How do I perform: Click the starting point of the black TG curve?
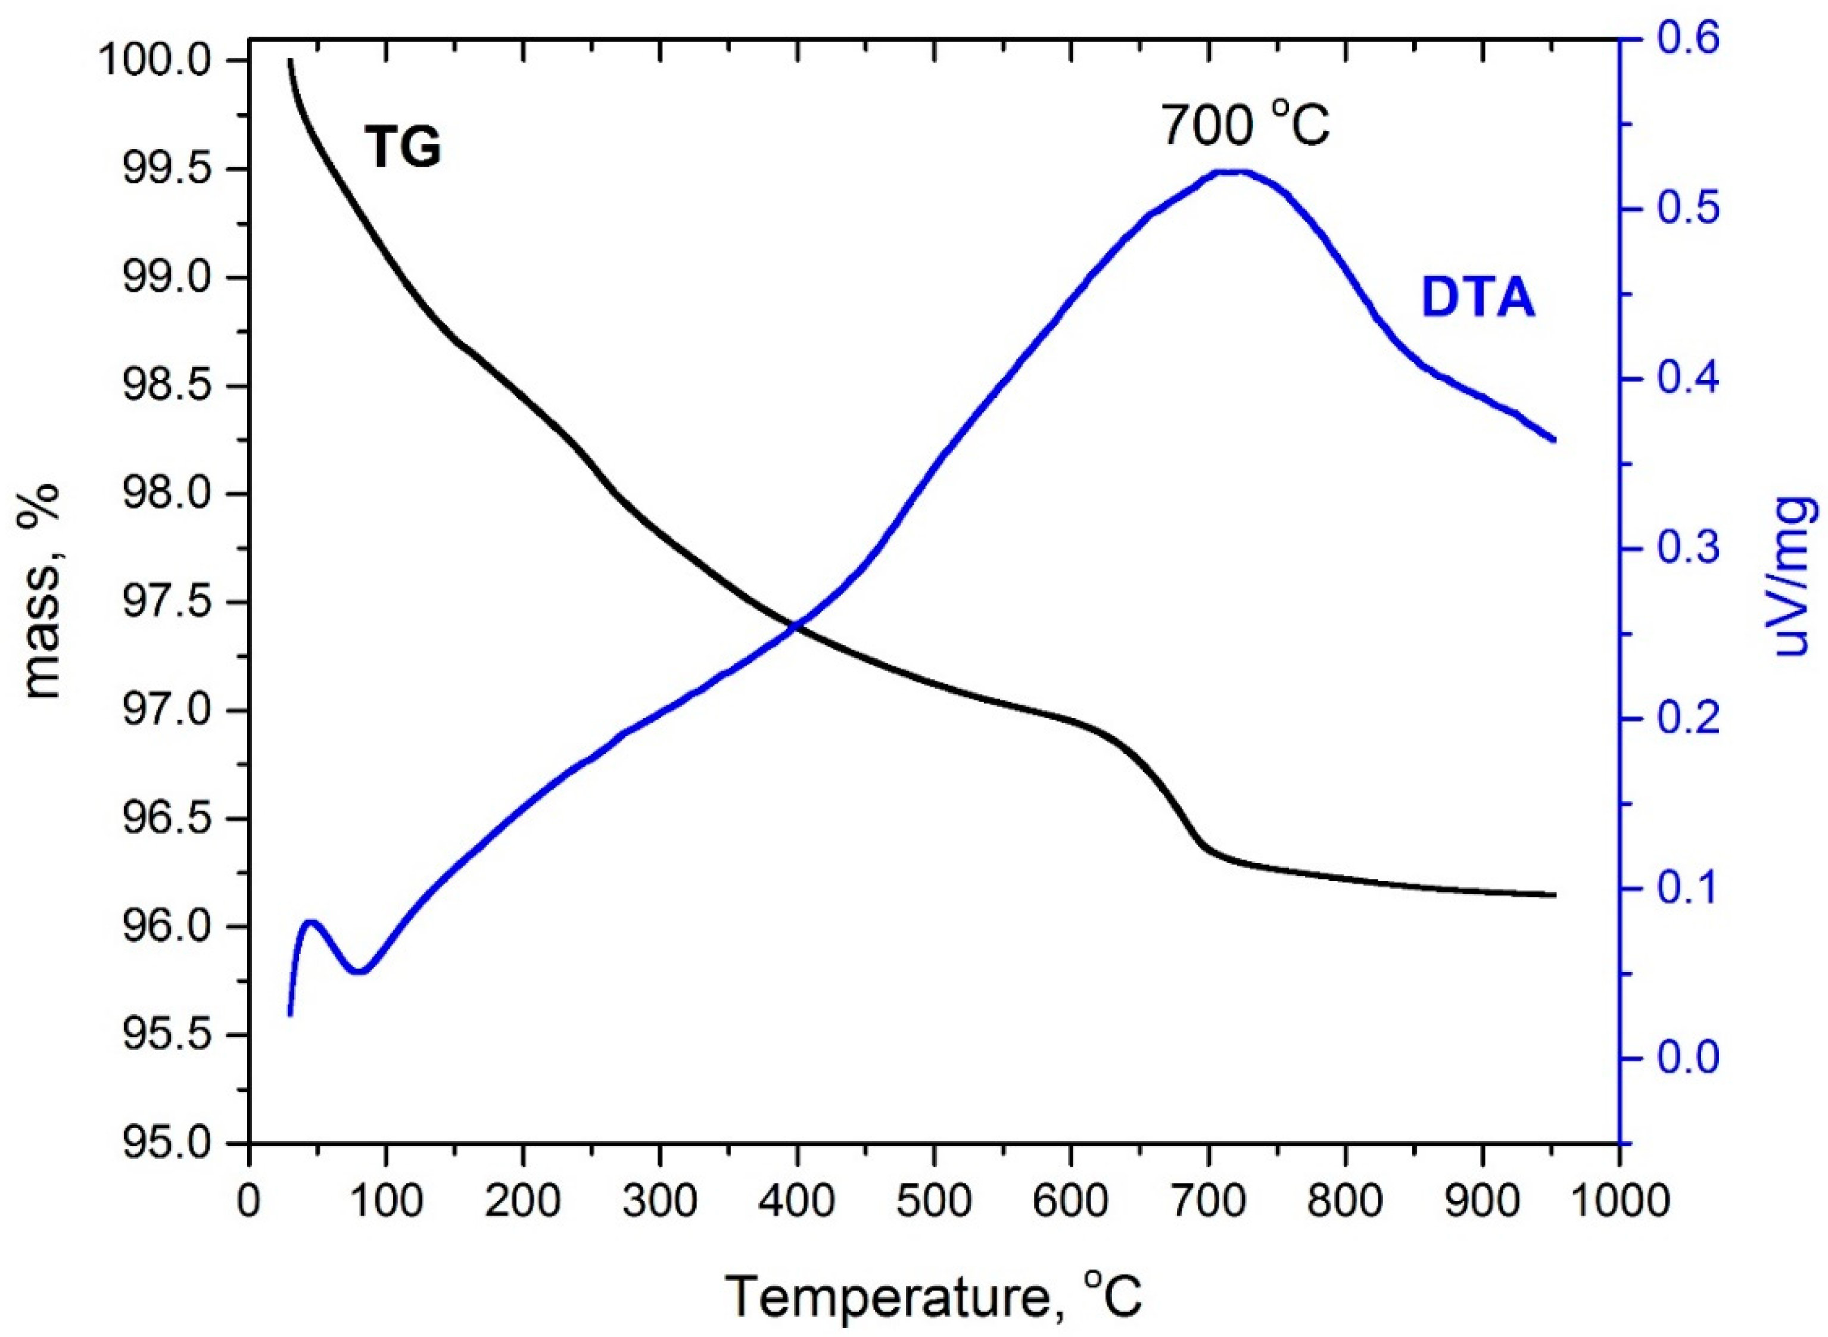(289, 61)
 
